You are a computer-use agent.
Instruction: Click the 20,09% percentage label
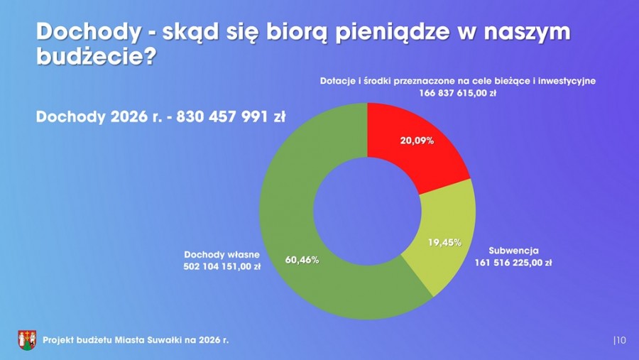click(x=417, y=141)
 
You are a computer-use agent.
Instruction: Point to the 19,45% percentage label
click(x=444, y=242)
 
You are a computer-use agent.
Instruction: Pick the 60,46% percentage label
click(x=301, y=260)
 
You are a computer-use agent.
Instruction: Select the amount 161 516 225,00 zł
click(x=513, y=262)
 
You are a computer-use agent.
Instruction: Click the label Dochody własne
click(x=222, y=254)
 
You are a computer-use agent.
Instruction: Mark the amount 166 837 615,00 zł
click(x=457, y=94)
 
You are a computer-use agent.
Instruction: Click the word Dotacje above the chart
click(x=336, y=81)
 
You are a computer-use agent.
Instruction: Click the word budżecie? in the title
click(x=95, y=57)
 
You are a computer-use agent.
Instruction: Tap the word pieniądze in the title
click(x=398, y=33)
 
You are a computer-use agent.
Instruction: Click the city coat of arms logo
click(x=27, y=340)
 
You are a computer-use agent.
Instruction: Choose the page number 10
click(x=620, y=341)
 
